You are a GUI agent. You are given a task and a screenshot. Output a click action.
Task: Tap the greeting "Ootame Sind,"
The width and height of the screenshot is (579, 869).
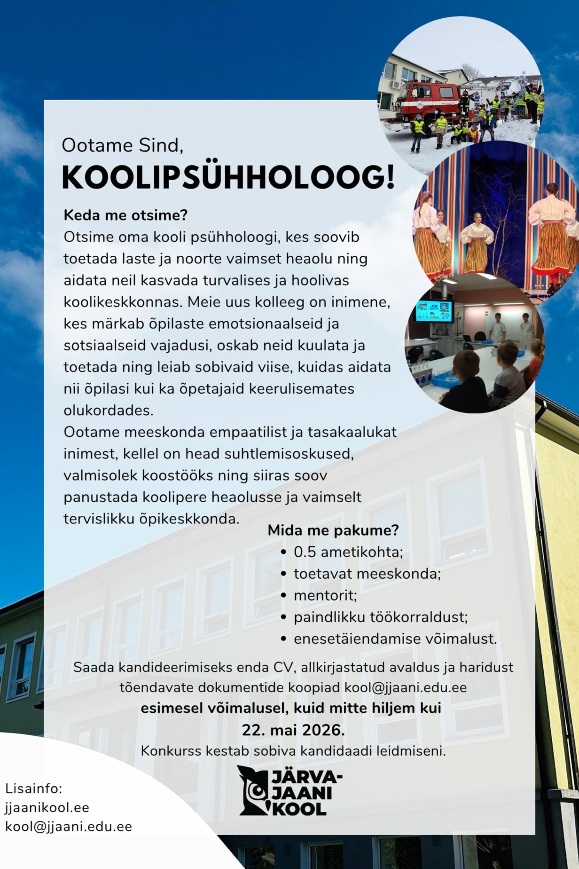tap(122, 145)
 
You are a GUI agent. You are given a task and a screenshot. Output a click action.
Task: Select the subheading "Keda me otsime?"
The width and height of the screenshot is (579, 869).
tap(125, 215)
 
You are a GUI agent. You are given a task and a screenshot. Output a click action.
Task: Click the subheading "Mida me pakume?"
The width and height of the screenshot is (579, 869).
tap(333, 530)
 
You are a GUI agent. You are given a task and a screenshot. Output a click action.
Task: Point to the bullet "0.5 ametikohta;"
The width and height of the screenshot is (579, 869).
tap(348, 552)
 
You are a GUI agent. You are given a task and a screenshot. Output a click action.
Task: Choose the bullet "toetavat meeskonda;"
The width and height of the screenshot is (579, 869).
tap(367, 574)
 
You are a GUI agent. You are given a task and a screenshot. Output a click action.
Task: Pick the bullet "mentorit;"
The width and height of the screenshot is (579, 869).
tap(325, 595)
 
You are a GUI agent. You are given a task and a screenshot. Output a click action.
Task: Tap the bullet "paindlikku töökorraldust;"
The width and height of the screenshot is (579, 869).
tap(381, 617)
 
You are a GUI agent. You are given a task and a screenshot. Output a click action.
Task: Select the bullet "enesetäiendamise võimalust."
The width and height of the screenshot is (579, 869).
tap(395, 639)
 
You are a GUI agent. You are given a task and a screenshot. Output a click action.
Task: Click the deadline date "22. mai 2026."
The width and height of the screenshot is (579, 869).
tap(293, 730)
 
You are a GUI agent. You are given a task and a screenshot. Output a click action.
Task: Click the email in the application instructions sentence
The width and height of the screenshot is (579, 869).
tap(406, 687)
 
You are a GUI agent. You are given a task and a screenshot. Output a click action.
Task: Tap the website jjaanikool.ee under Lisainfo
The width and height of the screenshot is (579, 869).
tap(47, 807)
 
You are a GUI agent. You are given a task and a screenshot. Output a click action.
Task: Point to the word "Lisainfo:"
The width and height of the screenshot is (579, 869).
tap(33, 788)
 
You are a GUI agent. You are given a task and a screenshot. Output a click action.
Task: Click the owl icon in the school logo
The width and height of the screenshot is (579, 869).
tap(254, 790)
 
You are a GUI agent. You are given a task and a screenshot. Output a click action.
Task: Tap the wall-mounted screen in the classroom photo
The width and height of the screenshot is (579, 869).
tap(434, 311)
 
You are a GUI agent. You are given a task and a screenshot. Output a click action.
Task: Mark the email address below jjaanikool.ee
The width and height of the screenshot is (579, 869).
tap(69, 826)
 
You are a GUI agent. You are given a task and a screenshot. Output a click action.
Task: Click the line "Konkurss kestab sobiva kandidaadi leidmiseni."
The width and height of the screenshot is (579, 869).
tap(293, 751)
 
